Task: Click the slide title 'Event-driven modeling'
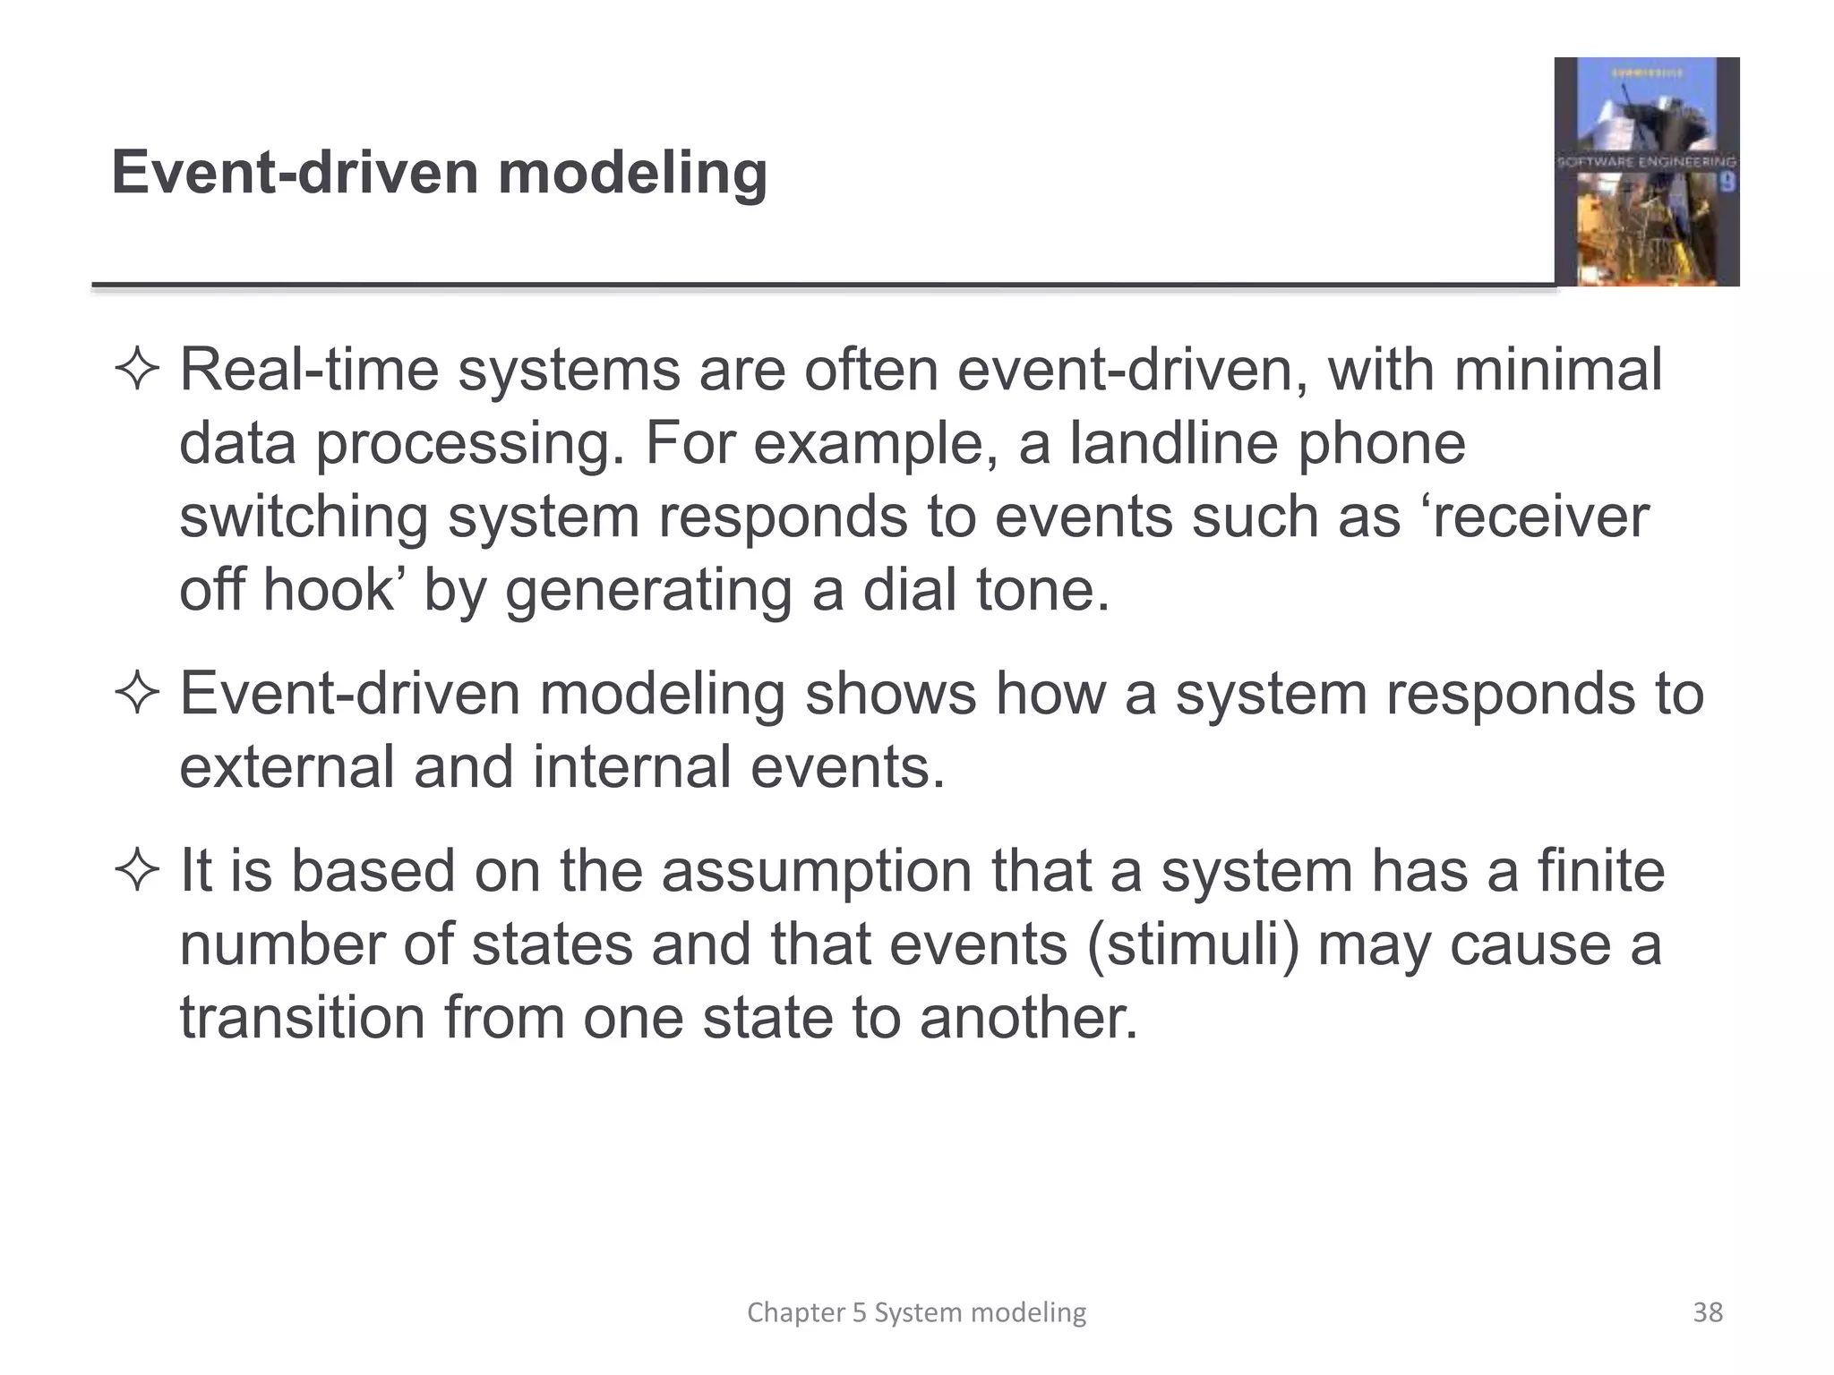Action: click(x=439, y=172)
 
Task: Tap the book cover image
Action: click(x=1646, y=172)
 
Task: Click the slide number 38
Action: click(x=1708, y=1312)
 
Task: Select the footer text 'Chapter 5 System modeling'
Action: click(x=916, y=1312)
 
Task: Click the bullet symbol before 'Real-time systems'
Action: click(x=137, y=371)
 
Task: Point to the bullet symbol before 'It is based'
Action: click(x=137, y=871)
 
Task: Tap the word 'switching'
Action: click(x=304, y=518)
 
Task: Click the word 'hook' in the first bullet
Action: click(x=328, y=590)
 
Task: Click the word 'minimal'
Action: click(x=1557, y=370)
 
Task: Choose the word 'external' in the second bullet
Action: click(x=287, y=767)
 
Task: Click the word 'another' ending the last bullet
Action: click(x=1028, y=1018)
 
